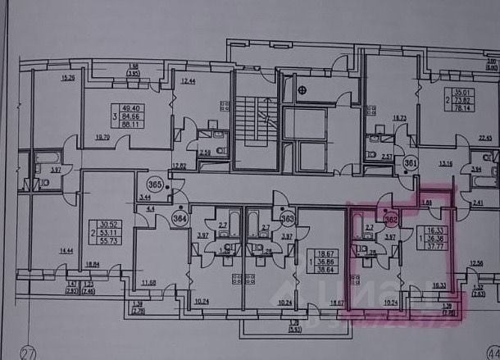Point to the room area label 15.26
click(69, 78)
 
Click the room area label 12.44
click(188, 80)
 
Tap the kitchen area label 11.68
click(148, 283)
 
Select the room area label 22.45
click(489, 138)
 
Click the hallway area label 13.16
click(445, 163)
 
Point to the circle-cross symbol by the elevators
click(307, 91)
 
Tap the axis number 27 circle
click(30, 353)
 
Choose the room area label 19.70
click(102, 138)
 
